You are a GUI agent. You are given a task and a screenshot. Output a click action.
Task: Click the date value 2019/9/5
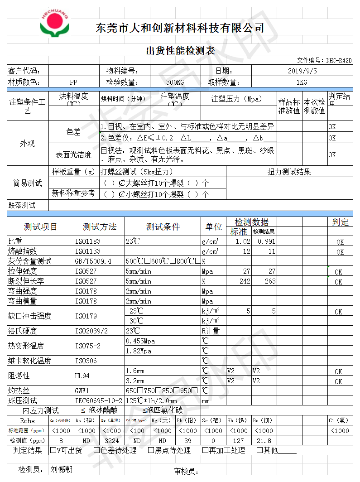[302, 71]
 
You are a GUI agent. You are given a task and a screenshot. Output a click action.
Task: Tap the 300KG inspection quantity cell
[175, 82]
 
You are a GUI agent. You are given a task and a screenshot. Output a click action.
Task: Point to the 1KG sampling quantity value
[302, 82]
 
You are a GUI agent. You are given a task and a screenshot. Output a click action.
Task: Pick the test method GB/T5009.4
[93, 261]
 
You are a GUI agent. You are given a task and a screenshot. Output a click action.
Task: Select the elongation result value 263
[270, 281]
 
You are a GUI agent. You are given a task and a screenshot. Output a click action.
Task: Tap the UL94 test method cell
[82, 376]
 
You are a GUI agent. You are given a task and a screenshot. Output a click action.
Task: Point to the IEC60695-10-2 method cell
[98, 401]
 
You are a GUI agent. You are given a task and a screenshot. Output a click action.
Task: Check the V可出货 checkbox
[53, 450]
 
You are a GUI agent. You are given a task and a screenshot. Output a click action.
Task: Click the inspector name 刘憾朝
[61, 470]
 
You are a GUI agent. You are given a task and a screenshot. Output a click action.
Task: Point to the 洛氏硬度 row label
[22, 331]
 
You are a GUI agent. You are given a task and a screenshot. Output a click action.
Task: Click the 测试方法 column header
[99, 227]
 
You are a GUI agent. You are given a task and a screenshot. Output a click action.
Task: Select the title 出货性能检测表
[180, 51]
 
